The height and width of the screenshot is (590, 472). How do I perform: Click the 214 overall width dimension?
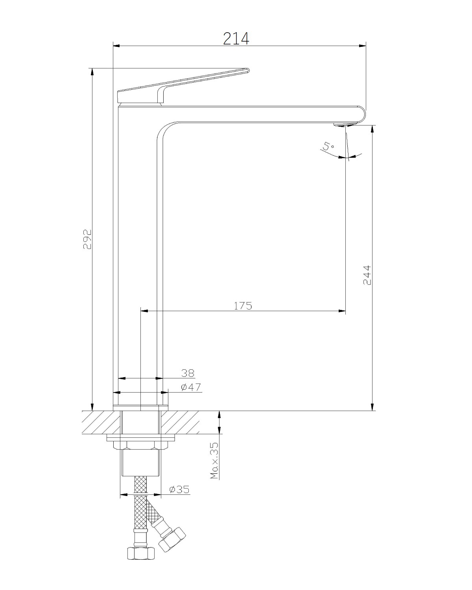coord(236,39)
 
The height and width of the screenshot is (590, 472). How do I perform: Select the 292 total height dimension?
coord(87,239)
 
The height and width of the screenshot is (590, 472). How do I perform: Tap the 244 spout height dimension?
coord(367,275)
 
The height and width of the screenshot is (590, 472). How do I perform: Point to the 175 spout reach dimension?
coord(243,306)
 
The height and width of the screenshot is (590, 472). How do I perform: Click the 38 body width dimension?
coord(188,373)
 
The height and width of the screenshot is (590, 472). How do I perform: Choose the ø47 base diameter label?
coord(191,387)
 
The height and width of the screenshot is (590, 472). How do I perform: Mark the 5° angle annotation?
coord(328,146)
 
